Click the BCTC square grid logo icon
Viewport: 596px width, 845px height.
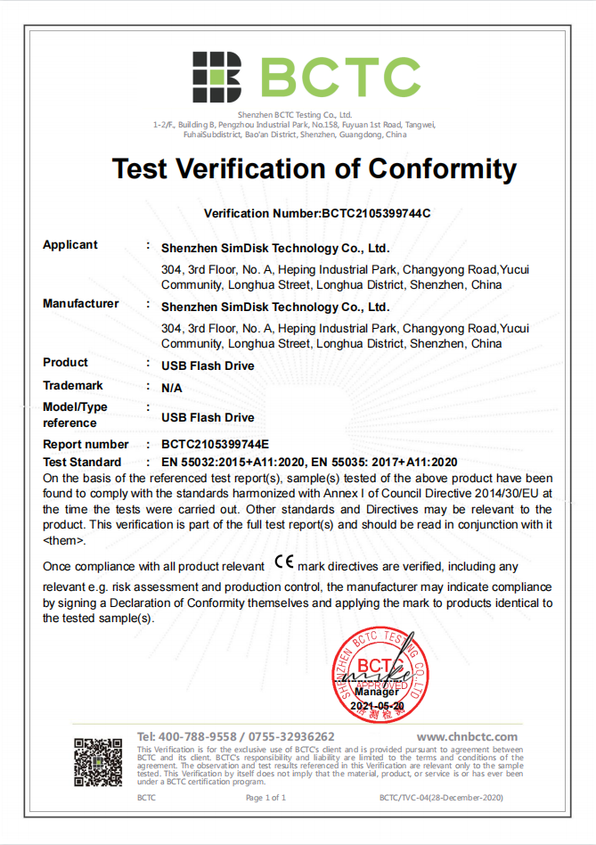pos(217,77)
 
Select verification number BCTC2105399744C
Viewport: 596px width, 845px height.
pos(375,214)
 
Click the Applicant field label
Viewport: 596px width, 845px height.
pos(70,245)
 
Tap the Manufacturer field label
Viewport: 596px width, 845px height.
pos(80,304)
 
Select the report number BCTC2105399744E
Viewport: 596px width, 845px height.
pos(215,445)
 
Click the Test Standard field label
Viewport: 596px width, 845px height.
pos(82,462)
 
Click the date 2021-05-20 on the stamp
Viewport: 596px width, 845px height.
pos(377,705)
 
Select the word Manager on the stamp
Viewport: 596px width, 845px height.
pos(377,692)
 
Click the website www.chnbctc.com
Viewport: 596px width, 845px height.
pos(467,736)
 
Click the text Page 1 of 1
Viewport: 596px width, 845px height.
pos(265,798)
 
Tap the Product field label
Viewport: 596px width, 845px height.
pos(65,363)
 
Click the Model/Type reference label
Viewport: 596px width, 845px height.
pos(75,414)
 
